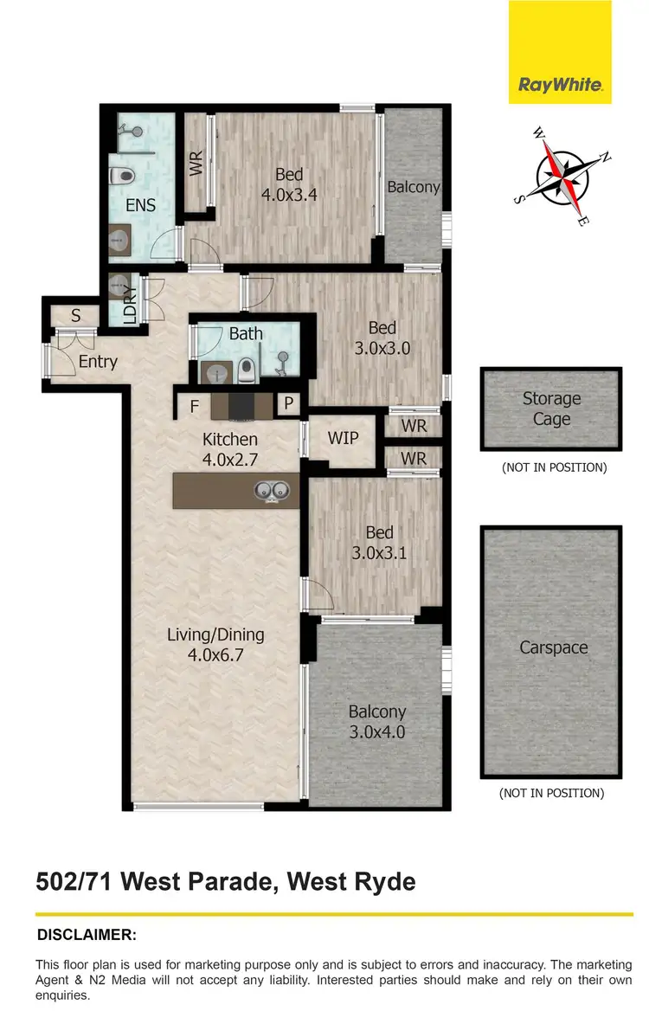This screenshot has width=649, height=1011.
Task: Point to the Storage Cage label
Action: coord(551,409)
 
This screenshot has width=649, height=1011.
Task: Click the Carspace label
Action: coord(553,647)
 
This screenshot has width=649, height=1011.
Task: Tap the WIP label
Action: coord(343,437)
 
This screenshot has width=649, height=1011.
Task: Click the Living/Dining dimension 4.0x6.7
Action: coord(215,655)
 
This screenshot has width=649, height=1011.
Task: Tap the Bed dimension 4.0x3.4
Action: coord(289,195)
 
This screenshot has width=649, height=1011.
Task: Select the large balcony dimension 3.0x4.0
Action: coord(377,731)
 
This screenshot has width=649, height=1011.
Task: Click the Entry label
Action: coord(97,361)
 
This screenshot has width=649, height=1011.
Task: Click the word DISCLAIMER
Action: coord(87,935)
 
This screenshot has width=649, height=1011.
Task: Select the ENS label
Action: coord(141,205)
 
